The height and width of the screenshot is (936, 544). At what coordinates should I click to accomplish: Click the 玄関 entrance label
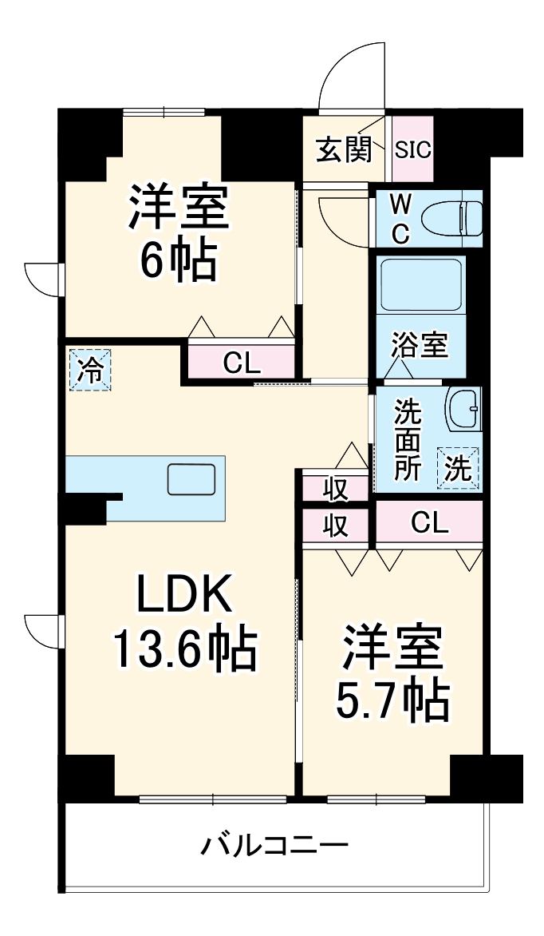(344, 149)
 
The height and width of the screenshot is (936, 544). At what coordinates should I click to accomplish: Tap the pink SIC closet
(412, 149)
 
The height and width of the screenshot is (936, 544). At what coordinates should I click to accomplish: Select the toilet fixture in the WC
(451, 218)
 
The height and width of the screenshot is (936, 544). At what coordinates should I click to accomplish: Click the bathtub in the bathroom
(420, 284)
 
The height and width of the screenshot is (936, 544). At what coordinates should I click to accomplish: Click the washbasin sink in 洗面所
(463, 409)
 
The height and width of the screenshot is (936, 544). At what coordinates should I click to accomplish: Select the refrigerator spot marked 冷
(89, 371)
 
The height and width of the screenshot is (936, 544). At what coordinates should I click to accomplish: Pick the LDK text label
(184, 595)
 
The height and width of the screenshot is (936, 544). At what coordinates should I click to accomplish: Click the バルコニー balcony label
(274, 844)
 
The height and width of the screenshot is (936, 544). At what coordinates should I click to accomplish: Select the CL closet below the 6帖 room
(242, 363)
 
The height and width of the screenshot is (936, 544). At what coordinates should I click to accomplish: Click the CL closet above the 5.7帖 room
(429, 523)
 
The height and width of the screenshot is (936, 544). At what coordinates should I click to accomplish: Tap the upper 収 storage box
(336, 488)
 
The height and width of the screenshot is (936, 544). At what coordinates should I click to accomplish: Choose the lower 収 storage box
(336, 526)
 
